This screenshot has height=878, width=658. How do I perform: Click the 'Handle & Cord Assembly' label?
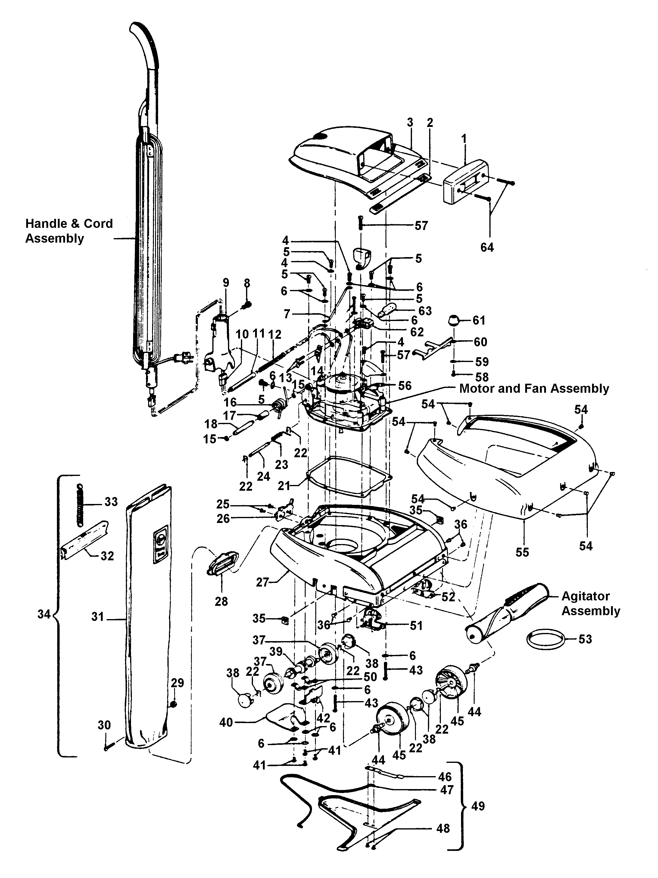(x=69, y=231)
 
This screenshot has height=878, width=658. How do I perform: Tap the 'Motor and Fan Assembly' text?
(x=534, y=388)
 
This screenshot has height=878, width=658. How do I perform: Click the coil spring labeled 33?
(x=81, y=504)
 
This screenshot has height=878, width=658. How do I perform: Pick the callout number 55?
(x=522, y=552)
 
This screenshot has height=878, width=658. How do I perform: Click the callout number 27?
(x=262, y=582)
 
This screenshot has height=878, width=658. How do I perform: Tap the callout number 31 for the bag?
(x=98, y=616)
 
